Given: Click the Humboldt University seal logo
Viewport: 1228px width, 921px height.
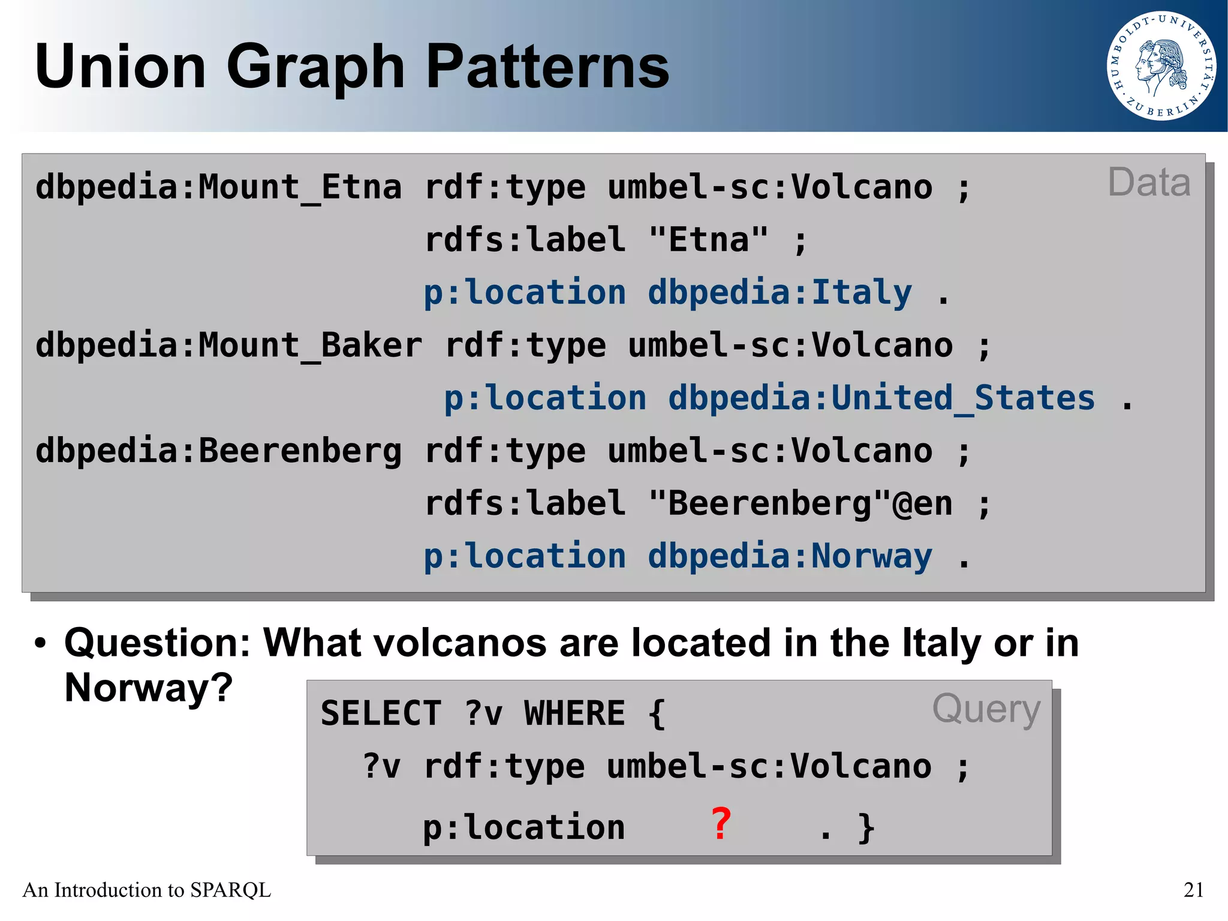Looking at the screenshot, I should pyautogui.click(x=1161, y=65).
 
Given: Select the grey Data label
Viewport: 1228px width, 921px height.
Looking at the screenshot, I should pyautogui.click(x=1148, y=182).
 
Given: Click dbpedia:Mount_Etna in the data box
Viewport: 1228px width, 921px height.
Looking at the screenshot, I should pyautogui.click(x=218, y=187).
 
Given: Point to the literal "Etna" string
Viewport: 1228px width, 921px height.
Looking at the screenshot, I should pyautogui.click(x=708, y=240).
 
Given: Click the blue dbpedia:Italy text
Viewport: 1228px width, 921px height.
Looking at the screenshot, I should pyautogui.click(x=779, y=293).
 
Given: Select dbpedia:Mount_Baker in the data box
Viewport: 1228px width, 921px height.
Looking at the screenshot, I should pyautogui.click(x=228, y=346).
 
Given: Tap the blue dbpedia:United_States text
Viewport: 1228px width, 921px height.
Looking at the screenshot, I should pyautogui.click(x=881, y=398).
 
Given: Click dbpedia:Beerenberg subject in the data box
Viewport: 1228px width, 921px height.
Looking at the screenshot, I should pyautogui.click(x=218, y=451).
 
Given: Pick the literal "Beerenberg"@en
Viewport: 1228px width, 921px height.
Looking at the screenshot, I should pyautogui.click(x=800, y=504).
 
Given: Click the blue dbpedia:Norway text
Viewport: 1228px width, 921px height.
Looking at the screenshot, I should pyautogui.click(x=790, y=556).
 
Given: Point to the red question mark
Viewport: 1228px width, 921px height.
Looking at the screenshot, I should pyautogui.click(x=721, y=824).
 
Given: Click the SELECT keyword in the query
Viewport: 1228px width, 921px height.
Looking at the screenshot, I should pyautogui.click(x=381, y=713).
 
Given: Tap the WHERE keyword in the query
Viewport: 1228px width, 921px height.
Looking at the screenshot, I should pyautogui.click(x=574, y=713).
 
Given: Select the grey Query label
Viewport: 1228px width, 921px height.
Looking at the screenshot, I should pyautogui.click(x=986, y=709).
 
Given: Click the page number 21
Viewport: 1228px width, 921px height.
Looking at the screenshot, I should pyautogui.click(x=1193, y=890).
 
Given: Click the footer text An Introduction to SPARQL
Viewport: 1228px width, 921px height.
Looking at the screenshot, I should pyautogui.click(x=147, y=890).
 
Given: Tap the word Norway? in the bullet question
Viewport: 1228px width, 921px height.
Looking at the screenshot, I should pyautogui.click(x=148, y=688).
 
